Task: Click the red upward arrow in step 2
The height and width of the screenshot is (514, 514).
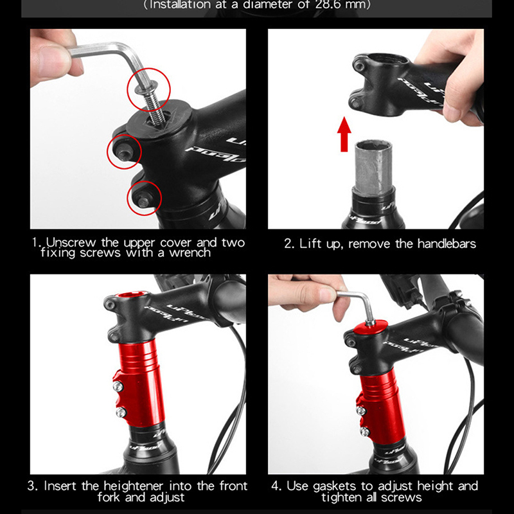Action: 344,134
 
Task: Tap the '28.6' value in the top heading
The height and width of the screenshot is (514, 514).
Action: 328,5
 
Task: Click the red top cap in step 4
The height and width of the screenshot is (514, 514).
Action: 370,327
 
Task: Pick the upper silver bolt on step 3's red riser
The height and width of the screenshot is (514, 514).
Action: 118,387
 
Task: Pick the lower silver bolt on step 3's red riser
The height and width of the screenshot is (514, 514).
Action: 120,412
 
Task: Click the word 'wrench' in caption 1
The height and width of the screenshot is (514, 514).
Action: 190,253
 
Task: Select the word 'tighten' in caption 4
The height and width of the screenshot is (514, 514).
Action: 342,497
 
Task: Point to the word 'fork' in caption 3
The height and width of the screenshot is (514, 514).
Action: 109,497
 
